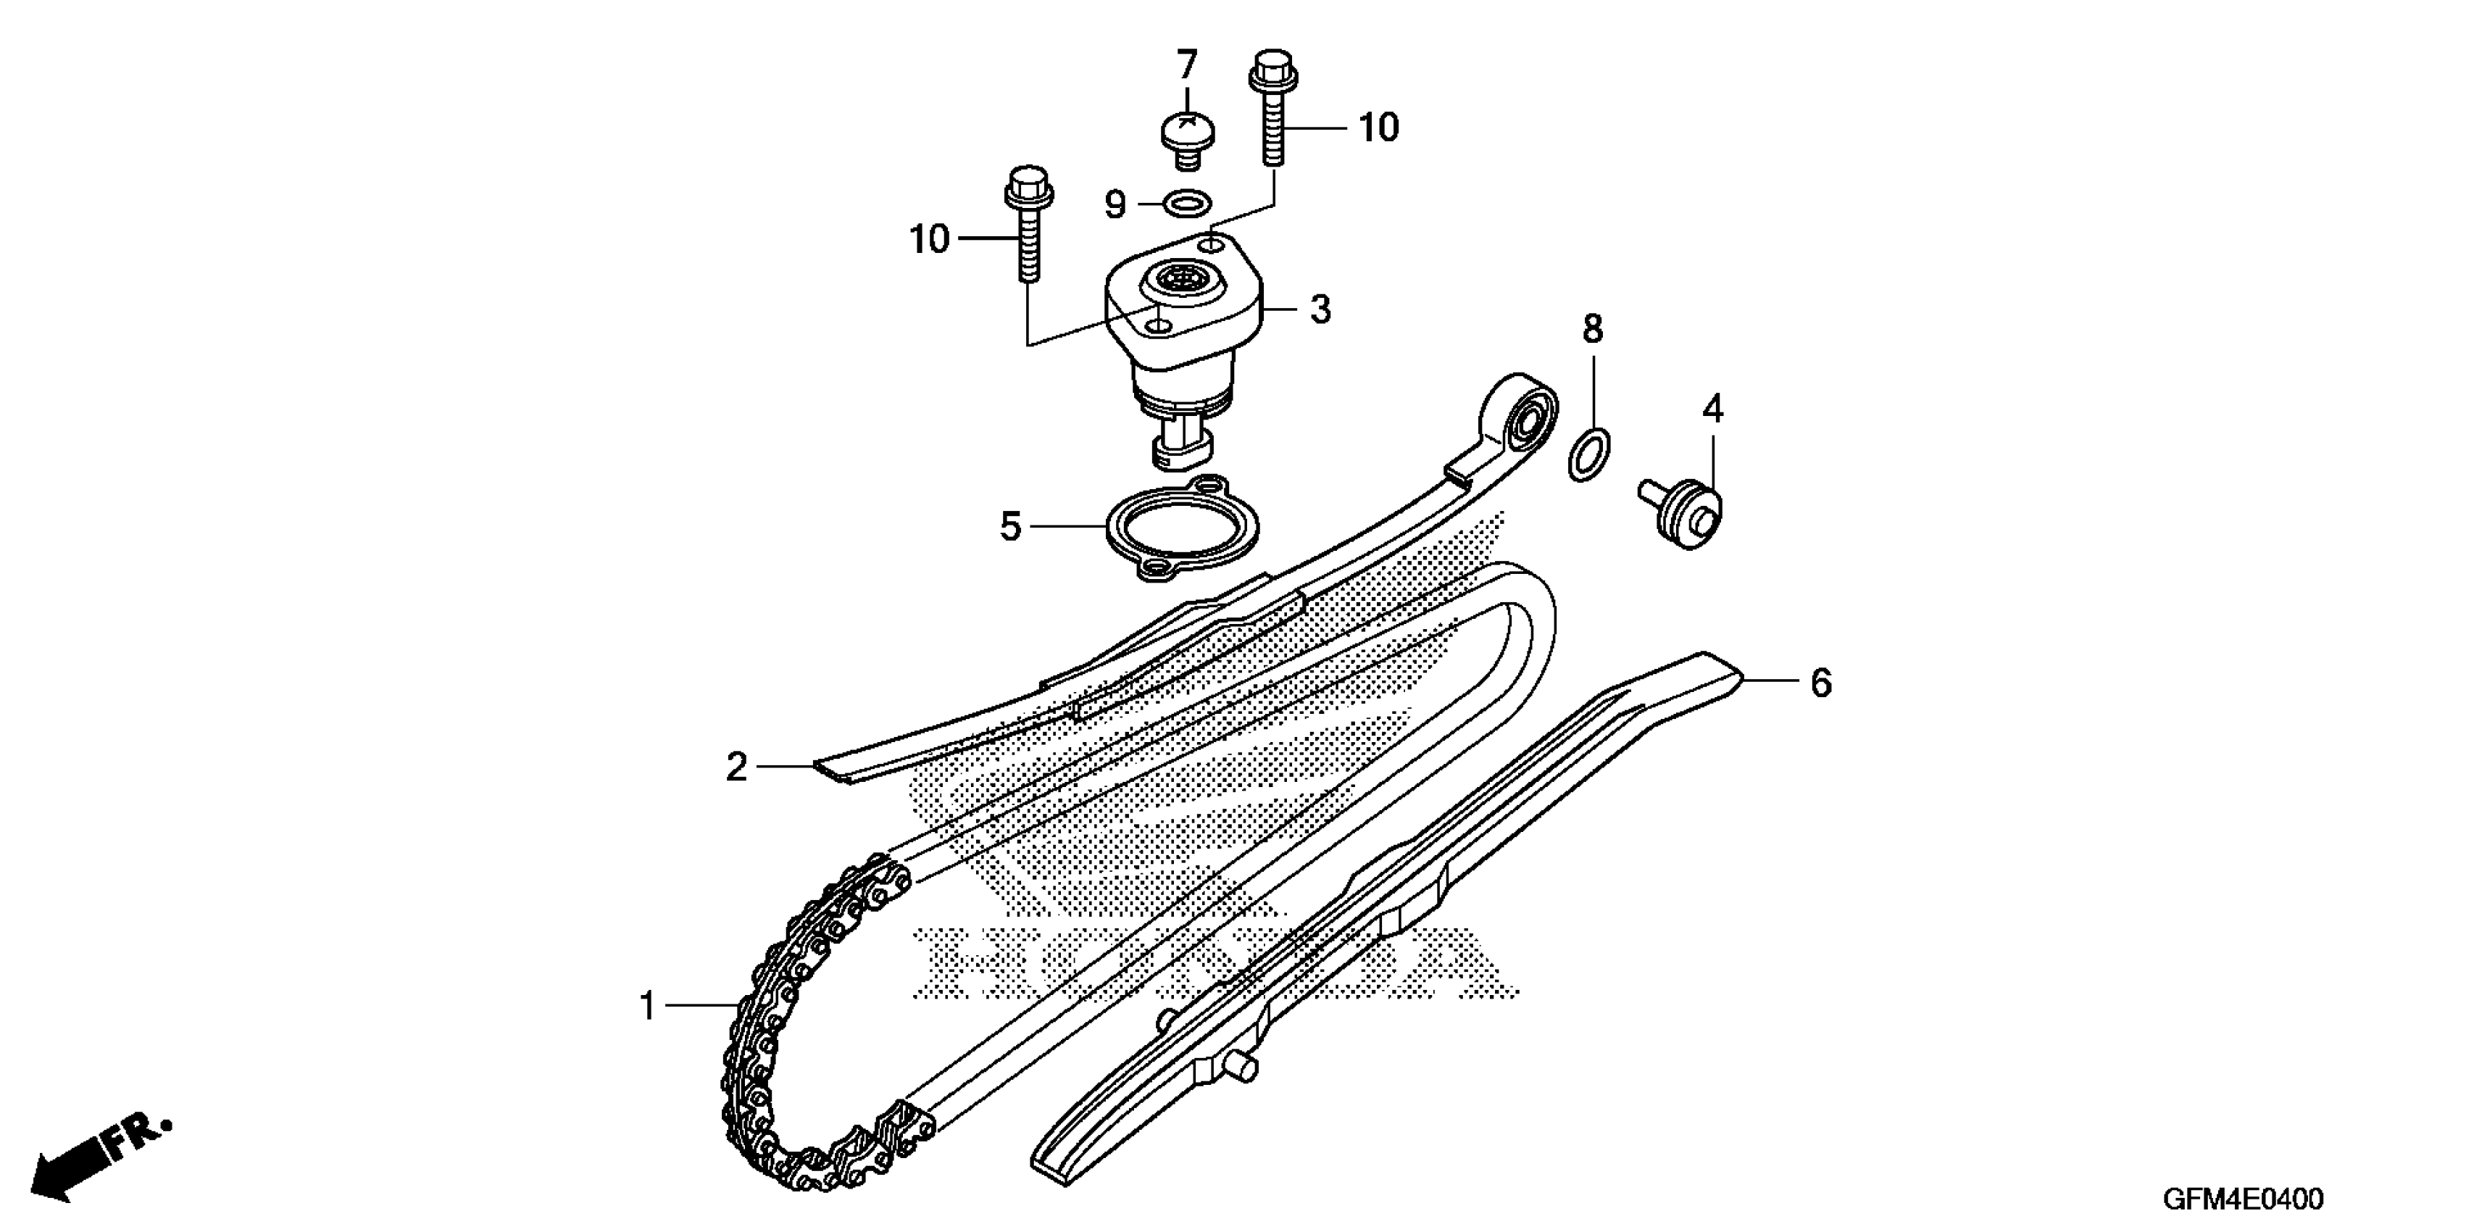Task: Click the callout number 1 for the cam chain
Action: [x=648, y=1007]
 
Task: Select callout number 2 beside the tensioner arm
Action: [x=736, y=767]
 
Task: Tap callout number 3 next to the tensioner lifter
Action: [x=1321, y=310]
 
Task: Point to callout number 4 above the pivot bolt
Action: [x=1712, y=409]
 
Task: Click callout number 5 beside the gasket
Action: [x=1011, y=526]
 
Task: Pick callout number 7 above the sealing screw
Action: [x=1187, y=66]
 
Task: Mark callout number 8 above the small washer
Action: [x=1592, y=329]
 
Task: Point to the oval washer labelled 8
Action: [x=1589, y=456]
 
